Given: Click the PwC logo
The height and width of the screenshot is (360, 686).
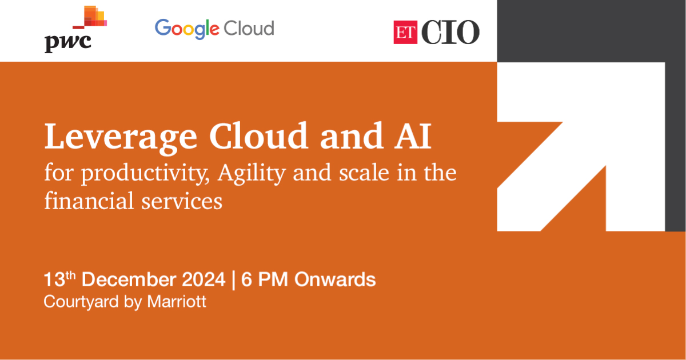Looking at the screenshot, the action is pyautogui.click(x=75, y=29).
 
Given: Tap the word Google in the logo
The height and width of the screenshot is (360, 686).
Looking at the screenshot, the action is pyautogui.click(x=187, y=29).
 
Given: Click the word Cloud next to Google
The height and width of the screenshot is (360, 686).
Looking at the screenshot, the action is pyautogui.click(x=249, y=28).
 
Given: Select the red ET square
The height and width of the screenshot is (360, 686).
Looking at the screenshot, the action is pyautogui.click(x=405, y=32).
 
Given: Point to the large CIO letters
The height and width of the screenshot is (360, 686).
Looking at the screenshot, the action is pyautogui.click(x=450, y=32).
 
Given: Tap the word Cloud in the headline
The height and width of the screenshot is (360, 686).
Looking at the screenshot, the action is pyautogui.click(x=258, y=135).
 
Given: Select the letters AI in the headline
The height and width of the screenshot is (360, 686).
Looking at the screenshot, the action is pyautogui.click(x=413, y=135).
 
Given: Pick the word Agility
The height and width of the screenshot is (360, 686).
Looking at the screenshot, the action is pyautogui.click(x=252, y=174).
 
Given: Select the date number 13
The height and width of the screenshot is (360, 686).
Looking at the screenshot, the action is pyautogui.click(x=54, y=280).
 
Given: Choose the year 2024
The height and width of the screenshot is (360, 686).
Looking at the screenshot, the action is pyautogui.click(x=204, y=279).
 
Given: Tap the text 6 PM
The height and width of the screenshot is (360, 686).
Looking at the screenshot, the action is pyautogui.click(x=265, y=279).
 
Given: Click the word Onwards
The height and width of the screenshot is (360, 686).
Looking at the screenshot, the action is pyautogui.click(x=335, y=279).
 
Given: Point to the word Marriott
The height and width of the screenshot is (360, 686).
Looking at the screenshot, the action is pyautogui.click(x=177, y=302).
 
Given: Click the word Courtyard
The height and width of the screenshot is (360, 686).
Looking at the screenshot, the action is pyautogui.click(x=81, y=302).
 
